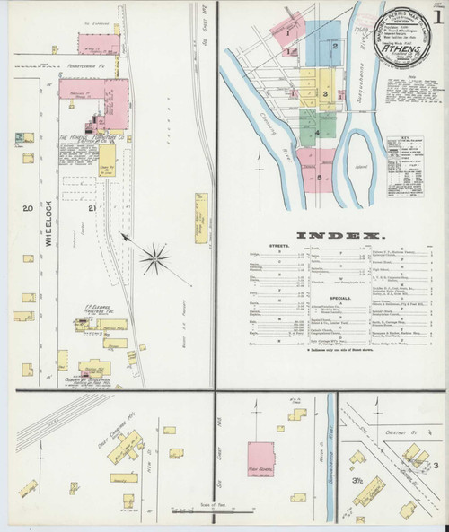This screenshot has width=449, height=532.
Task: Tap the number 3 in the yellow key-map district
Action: [x=320, y=92]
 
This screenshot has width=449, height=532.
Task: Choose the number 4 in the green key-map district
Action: [x=317, y=133]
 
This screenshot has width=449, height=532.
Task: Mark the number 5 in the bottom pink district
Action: [x=318, y=177]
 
